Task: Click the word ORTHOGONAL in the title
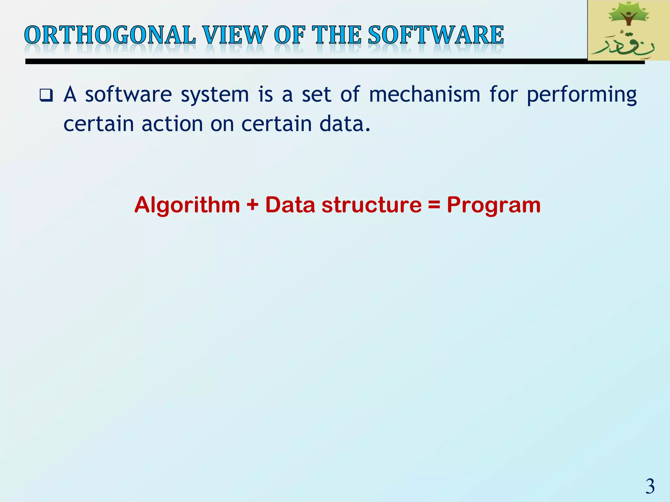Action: click(110, 35)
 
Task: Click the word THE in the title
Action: click(336, 35)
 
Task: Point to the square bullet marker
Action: click(46, 95)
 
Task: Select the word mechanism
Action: click(425, 95)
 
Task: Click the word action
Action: click(172, 124)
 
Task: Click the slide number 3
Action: click(650, 486)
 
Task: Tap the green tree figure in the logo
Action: click(628, 15)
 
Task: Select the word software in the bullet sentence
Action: click(128, 95)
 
